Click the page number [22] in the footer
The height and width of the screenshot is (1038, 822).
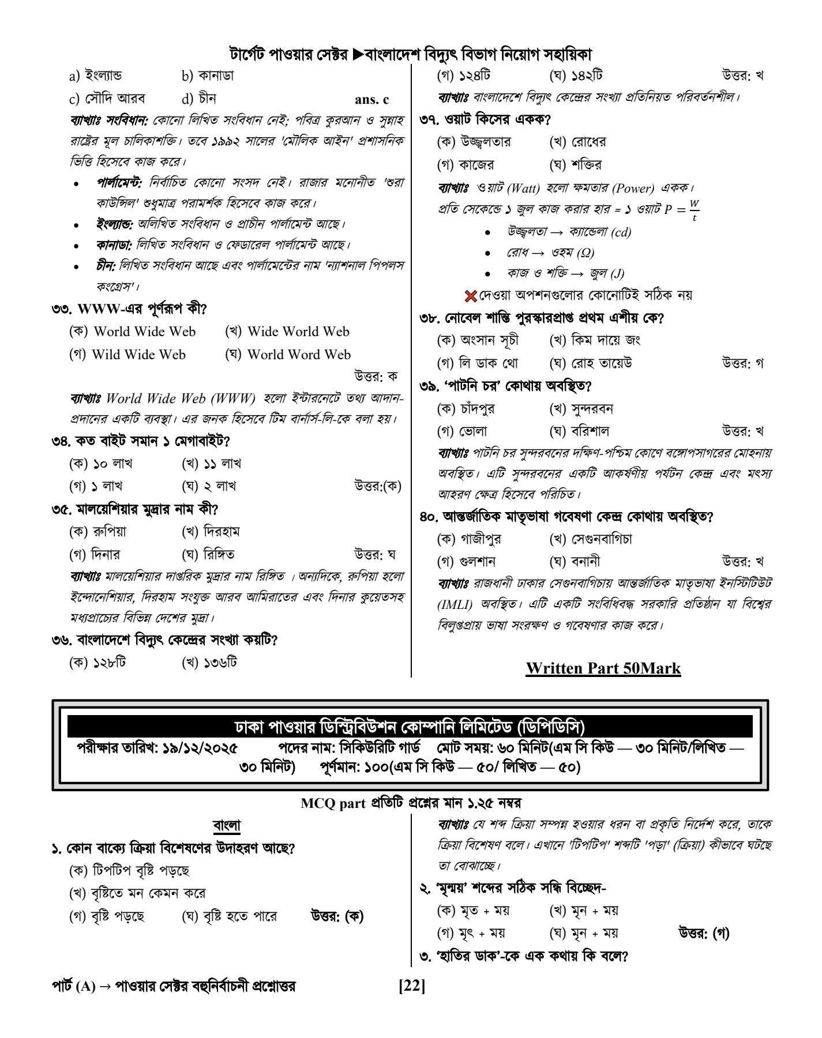[x=411, y=986]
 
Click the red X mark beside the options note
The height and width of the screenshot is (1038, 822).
[x=471, y=296]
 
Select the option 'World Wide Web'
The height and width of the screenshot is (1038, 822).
[x=144, y=332]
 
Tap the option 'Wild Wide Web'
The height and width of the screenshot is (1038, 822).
[x=138, y=355]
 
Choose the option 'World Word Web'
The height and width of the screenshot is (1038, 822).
[x=299, y=355]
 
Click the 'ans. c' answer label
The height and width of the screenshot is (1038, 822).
[x=372, y=99]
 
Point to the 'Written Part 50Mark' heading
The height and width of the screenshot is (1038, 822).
[x=603, y=668]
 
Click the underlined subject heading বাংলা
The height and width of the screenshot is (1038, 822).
[x=227, y=826]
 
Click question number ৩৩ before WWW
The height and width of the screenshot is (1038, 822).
[x=62, y=309]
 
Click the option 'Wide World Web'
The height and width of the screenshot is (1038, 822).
[x=298, y=332]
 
